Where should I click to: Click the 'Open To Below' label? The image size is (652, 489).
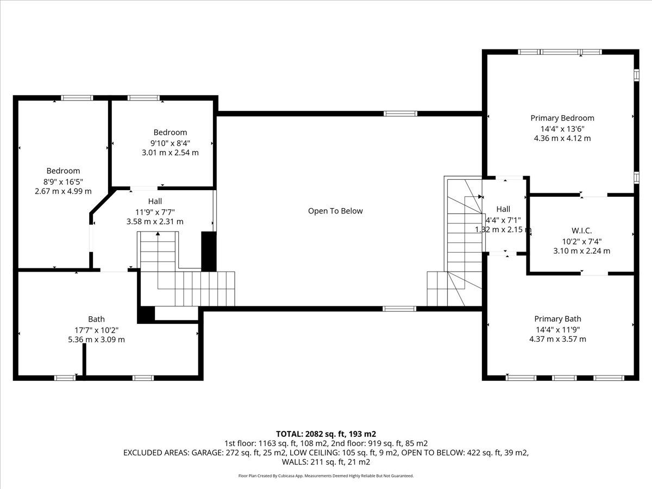coord(335,211)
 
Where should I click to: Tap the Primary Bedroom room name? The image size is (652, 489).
coord(562,118)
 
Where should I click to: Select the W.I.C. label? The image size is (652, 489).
coord(581,230)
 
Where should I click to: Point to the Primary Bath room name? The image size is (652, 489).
coord(557,319)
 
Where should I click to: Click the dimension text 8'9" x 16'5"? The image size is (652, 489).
coord(63,181)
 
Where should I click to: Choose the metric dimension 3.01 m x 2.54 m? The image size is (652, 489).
coord(170,153)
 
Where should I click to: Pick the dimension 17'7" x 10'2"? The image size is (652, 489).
coord(96,330)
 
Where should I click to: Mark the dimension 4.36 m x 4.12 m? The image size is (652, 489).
coord(562,139)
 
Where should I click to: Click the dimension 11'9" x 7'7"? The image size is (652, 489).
coord(155,212)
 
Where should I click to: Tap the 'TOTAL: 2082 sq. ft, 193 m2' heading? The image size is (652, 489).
coord(326,434)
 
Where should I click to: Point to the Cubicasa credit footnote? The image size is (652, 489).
coord(326,476)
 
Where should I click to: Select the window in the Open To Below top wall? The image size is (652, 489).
coord(400,114)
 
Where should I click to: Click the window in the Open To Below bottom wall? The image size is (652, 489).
coord(399,309)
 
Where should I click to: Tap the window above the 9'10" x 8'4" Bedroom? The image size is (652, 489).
coord(143,98)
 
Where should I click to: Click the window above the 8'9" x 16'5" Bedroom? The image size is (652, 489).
coord(77,98)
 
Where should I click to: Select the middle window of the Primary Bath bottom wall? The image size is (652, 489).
coord(564,378)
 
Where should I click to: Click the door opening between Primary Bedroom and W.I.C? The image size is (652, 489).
coord(594,195)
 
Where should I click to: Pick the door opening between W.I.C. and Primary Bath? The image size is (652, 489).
coord(594,273)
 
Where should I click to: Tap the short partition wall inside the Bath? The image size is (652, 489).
coord(84,360)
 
